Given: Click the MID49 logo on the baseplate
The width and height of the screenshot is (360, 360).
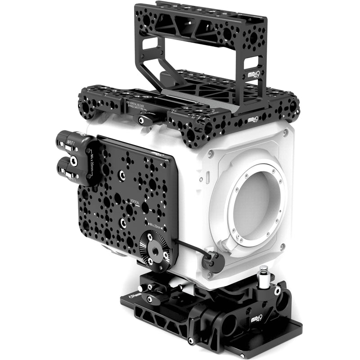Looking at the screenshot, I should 258,320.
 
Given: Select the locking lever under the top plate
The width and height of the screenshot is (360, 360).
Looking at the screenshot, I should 145,120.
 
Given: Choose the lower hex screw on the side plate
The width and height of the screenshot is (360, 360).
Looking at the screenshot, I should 123,222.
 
